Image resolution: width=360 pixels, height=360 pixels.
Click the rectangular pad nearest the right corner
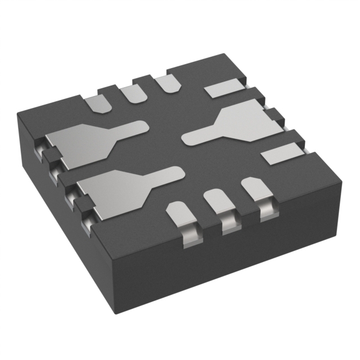(x=282, y=153)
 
